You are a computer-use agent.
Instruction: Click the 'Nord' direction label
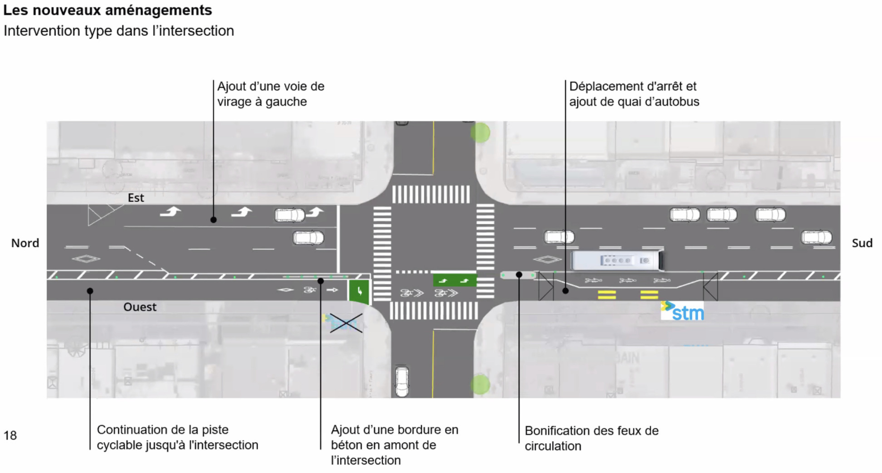[x=25, y=243]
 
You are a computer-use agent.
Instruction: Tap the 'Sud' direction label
[x=862, y=243]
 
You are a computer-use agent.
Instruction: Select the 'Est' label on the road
[x=136, y=198]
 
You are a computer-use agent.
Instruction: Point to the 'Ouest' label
[x=140, y=307]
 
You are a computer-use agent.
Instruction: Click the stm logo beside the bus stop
[x=682, y=311]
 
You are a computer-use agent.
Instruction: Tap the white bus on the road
[x=617, y=260]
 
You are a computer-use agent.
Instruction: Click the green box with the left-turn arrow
[x=359, y=291]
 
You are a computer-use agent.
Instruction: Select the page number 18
[x=10, y=435]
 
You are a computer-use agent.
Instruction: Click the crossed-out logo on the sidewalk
[x=344, y=323]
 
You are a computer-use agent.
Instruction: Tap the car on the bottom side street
[x=402, y=381]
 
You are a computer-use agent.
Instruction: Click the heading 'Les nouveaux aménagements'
[x=107, y=10]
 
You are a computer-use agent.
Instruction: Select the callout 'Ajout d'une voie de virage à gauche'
[x=270, y=94]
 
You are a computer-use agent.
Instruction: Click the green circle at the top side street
[x=480, y=132]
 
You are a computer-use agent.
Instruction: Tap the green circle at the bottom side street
[x=480, y=384]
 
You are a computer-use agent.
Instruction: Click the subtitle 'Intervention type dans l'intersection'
[x=119, y=31]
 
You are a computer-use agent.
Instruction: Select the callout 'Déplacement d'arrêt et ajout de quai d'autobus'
[x=634, y=94]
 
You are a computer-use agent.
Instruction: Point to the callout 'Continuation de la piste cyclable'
[x=177, y=437]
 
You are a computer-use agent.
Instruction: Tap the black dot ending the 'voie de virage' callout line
[x=213, y=220]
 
